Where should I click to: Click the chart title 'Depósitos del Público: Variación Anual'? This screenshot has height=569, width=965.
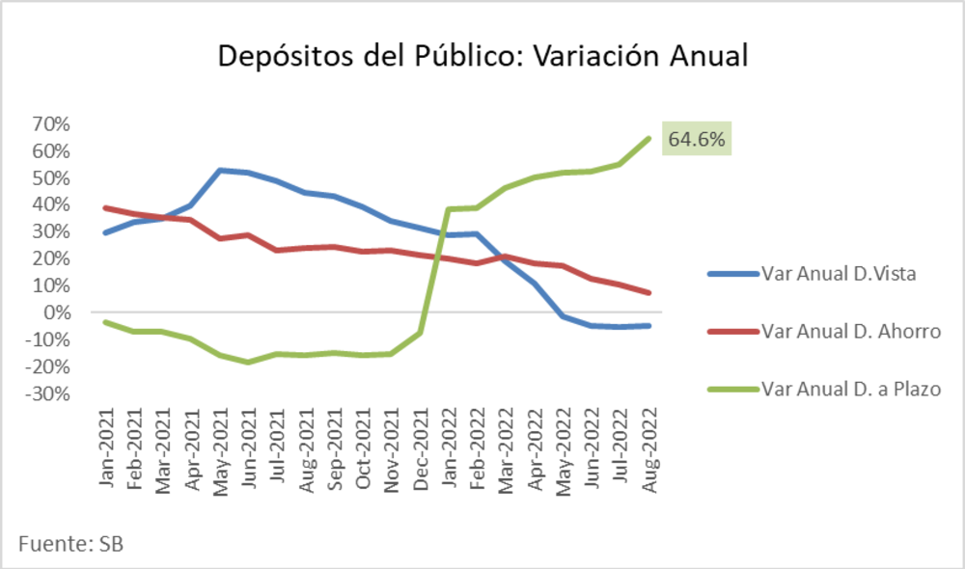[x=482, y=55]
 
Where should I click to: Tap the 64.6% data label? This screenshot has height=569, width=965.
[x=696, y=139]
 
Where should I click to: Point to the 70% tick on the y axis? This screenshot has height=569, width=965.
[x=52, y=124]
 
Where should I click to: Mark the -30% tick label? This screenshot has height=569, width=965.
[x=48, y=393]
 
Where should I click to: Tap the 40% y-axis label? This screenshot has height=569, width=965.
[x=52, y=204]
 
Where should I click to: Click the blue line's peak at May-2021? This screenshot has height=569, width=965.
[x=220, y=171]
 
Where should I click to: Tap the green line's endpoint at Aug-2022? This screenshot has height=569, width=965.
[x=648, y=138]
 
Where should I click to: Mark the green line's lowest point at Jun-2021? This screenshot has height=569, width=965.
[x=249, y=362]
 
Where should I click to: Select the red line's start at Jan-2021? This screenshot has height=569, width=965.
[x=106, y=208]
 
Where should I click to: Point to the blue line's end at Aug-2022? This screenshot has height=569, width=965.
[x=648, y=326]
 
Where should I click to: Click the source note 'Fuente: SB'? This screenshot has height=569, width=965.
[x=70, y=544]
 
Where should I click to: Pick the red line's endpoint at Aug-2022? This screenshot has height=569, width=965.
[x=648, y=292]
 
